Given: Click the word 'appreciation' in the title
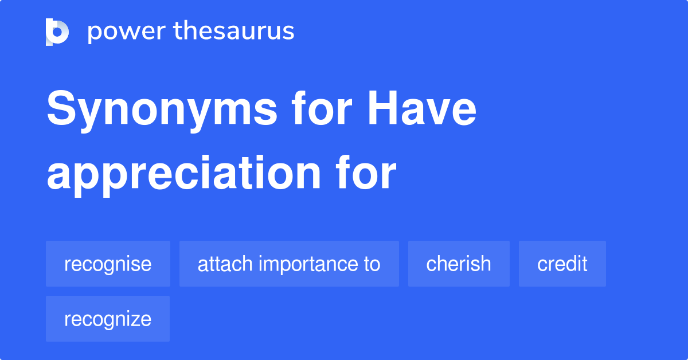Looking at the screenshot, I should pyautogui.click(x=183, y=173).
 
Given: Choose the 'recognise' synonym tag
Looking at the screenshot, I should pyautogui.click(x=108, y=264).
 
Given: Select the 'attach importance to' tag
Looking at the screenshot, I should pyautogui.click(x=289, y=264).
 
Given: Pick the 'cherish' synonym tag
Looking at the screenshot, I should pyautogui.click(x=459, y=264).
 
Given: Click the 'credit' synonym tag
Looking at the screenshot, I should pyautogui.click(x=562, y=264).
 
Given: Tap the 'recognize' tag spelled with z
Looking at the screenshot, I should pyautogui.click(x=108, y=319).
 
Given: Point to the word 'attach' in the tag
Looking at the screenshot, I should pyautogui.click(x=225, y=264).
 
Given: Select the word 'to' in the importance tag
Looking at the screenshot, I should pyautogui.click(x=372, y=264).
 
